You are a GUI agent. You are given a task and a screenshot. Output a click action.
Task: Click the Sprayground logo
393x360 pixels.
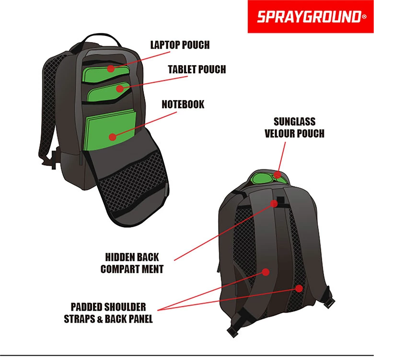click(x=311, y=17)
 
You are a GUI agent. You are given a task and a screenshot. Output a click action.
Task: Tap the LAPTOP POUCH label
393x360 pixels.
click(x=180, y=45)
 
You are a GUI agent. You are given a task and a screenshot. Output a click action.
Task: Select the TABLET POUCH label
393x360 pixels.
click(x=197, y=69)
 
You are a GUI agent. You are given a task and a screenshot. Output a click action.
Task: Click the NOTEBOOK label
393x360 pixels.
click(x=183, y=104)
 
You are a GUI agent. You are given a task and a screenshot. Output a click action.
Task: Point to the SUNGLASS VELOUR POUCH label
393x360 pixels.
click(x=294, y=128)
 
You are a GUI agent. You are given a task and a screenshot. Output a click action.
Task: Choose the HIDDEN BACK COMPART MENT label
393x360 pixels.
click(x=132, y=263)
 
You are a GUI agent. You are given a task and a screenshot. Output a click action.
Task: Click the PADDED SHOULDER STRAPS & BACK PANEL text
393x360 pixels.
click(x=108, y=313)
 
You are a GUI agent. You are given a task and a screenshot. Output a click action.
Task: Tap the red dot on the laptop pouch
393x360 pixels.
click(x=111, y=68)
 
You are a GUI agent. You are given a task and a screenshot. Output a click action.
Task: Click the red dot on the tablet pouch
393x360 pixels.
click(x=120, y=89)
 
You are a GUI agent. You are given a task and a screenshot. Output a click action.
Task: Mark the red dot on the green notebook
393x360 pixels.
click(x=113, y=137)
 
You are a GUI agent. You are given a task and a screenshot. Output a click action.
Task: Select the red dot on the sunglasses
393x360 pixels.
click(x=277, y=174)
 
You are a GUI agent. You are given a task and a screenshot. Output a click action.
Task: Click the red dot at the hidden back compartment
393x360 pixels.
click(x=274, y=204)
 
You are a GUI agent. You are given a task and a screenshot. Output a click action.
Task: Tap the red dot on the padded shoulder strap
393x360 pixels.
click(x=266, y=272)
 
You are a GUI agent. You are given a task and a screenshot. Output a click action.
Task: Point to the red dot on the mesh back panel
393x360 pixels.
click(x=299, y=289)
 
